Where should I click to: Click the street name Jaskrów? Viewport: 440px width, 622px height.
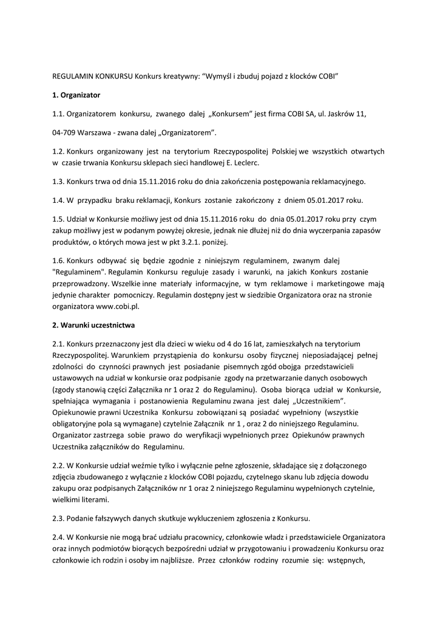342,113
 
